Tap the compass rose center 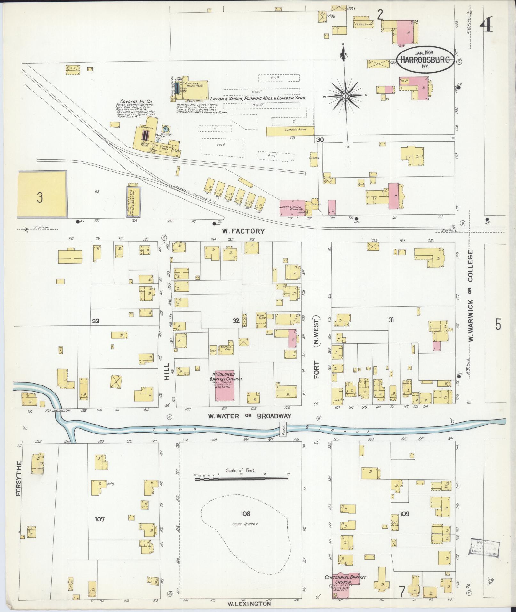(x=346, y=96)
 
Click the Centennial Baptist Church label (x=345, y=577)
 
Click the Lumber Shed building (x=290, y=130)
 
